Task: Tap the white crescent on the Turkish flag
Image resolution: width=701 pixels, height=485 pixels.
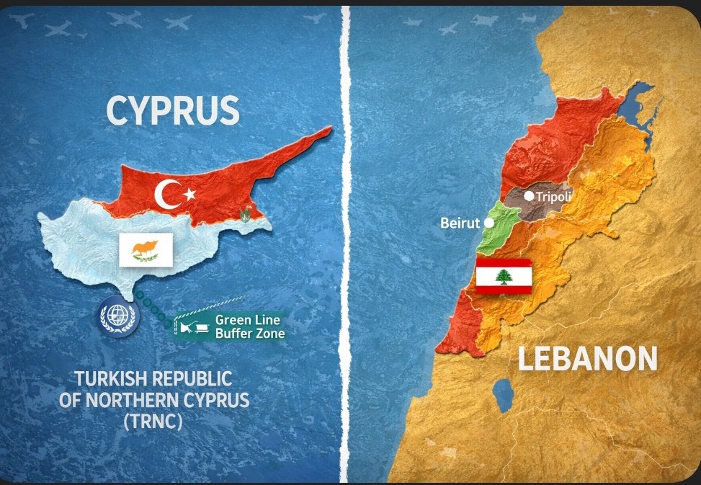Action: point(168,195)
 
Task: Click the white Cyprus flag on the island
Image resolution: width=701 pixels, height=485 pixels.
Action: point(146,249)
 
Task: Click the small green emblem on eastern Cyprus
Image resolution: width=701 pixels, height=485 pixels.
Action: point(248,213)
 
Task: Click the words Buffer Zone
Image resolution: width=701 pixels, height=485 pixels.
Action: point(250,334)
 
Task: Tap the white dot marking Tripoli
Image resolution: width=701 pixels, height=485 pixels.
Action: point(530,195)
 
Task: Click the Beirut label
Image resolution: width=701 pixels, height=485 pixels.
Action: point(460,223)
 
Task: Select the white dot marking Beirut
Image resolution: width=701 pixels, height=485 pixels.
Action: point(489,223)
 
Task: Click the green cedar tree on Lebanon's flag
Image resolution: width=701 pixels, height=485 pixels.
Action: point(504,276)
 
